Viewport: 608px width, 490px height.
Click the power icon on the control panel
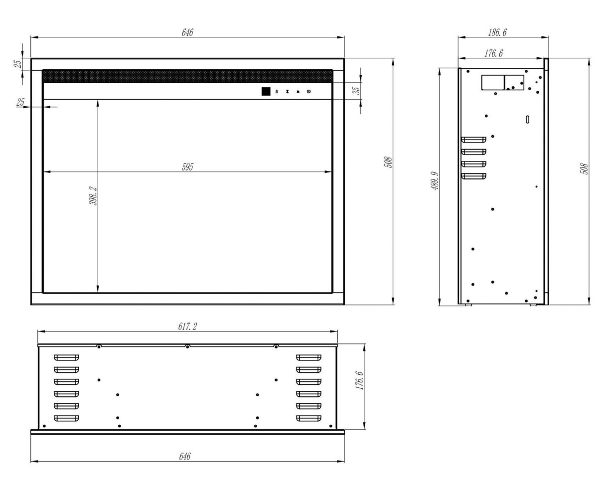click(x=309, y=92)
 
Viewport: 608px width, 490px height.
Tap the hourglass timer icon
click(x=287, y=92)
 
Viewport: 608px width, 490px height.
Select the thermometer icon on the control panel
click(x=277, y=92)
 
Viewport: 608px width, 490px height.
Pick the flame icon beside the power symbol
click(x=298, y=92)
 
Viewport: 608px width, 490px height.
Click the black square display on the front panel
click(x=266, y=91)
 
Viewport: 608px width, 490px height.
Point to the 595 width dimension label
click(x=187, y=167)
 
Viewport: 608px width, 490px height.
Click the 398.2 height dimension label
click(x=94, y=195)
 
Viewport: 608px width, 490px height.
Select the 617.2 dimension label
click(x=187, y=327)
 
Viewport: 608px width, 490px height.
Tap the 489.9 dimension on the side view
click(x=435, y=181)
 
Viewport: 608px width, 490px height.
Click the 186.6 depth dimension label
click(x=497, y=32)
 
